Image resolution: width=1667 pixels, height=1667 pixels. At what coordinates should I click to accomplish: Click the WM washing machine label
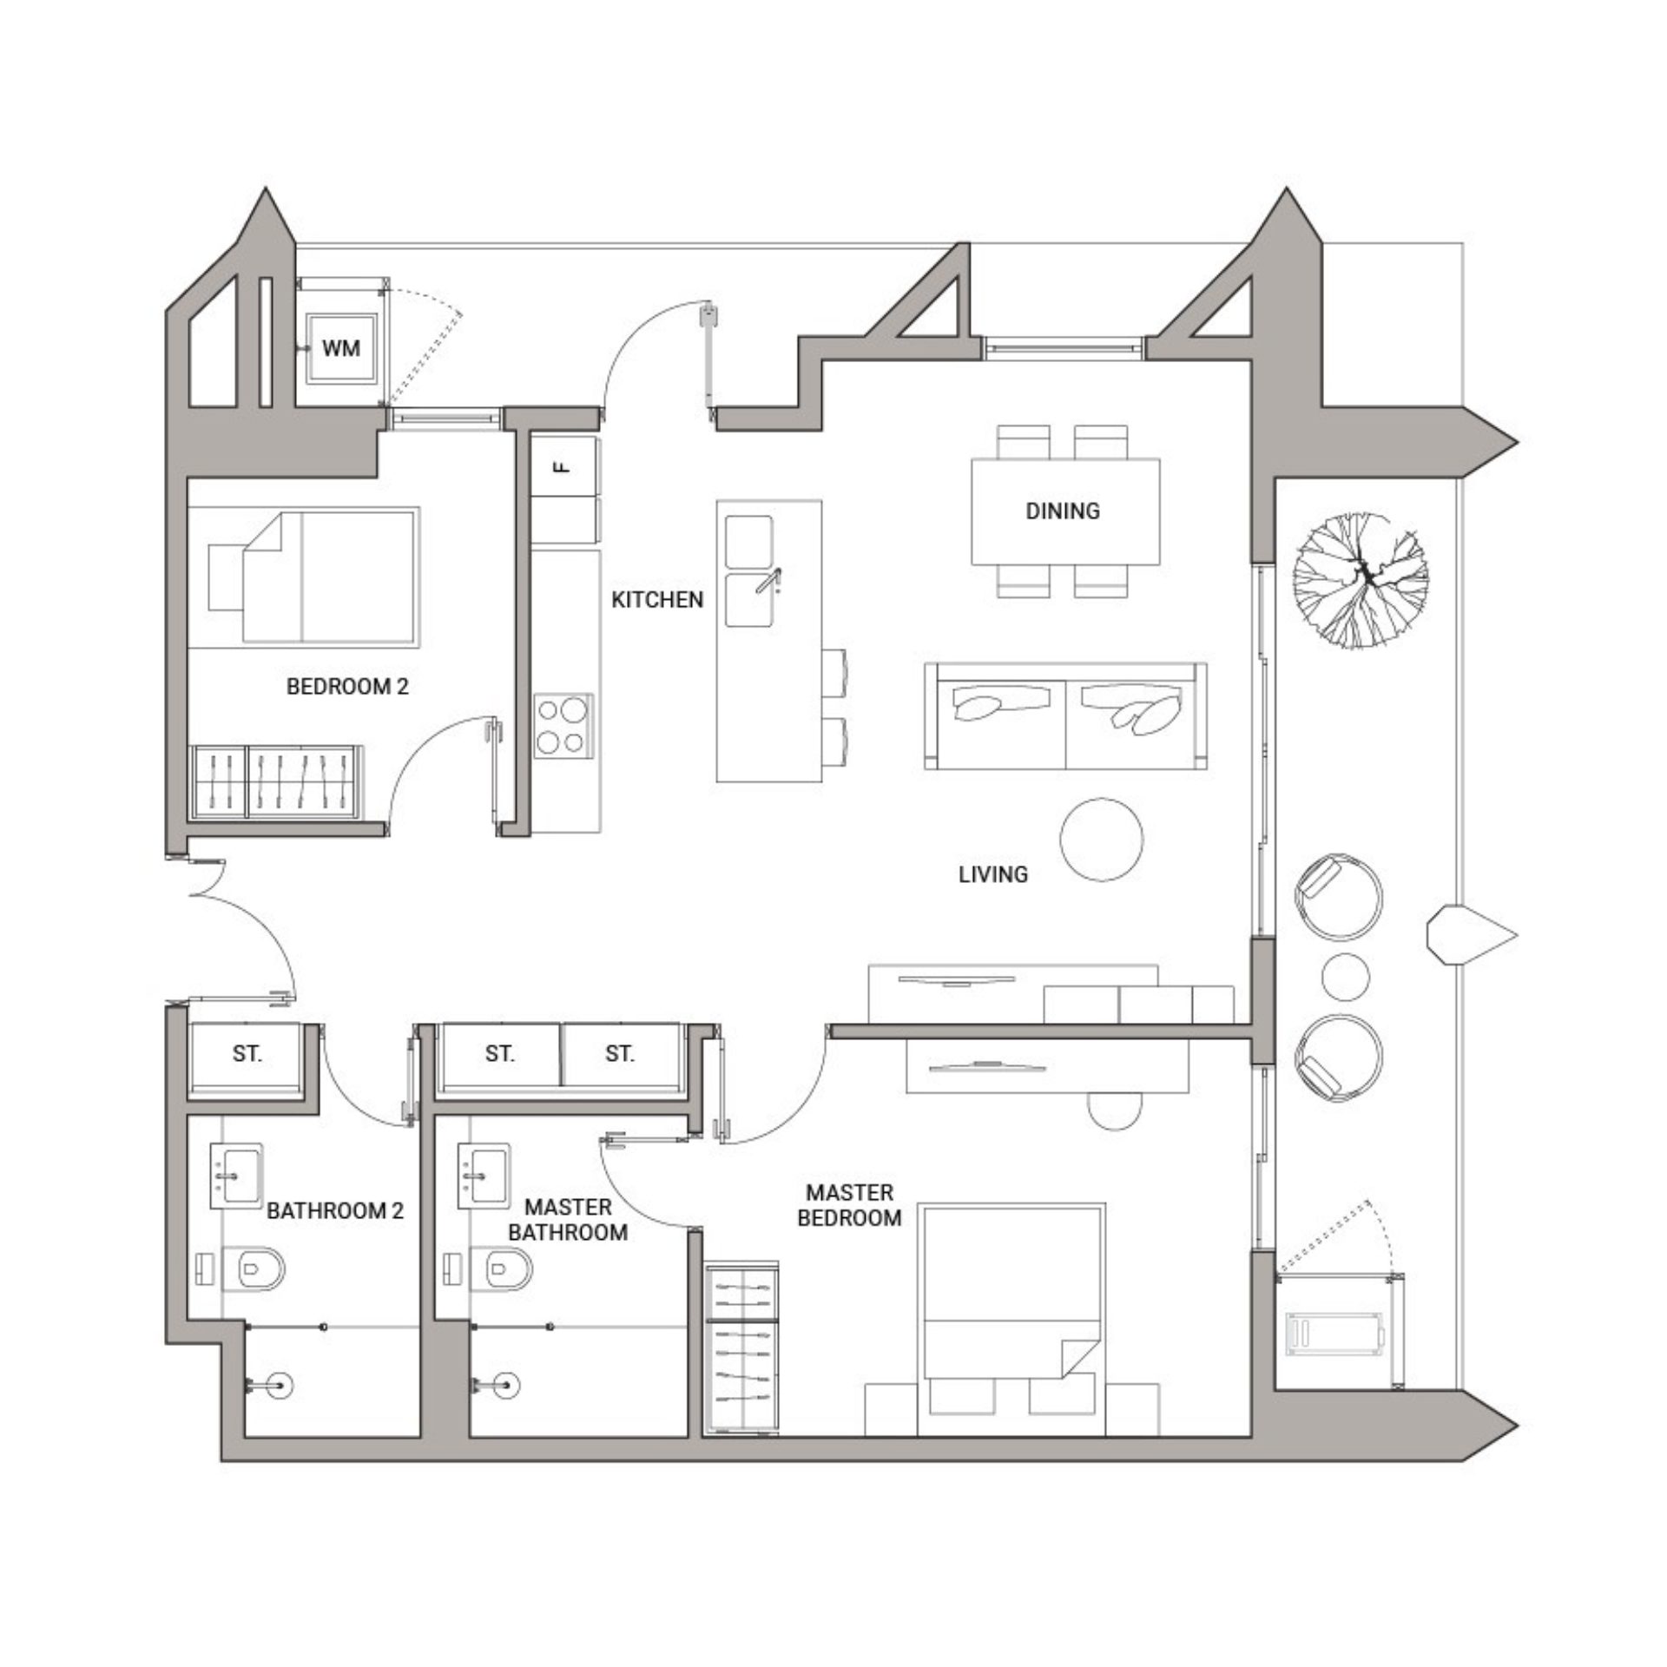pos(341,349)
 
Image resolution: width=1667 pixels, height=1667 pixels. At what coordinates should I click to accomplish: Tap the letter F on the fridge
pos(563,467)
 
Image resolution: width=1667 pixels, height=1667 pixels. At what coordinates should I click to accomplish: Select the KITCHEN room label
pos(657,600)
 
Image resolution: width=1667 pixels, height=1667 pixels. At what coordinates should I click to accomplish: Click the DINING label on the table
pos(1063,511)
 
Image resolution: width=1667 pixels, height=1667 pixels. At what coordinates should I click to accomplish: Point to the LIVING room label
pos(993,874)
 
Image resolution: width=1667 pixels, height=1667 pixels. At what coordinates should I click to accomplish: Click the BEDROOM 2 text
pos(347,687)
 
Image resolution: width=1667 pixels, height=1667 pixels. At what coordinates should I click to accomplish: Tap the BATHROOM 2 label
pos(335,1210)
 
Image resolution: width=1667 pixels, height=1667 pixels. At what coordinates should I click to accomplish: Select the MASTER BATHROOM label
pos(568,1219)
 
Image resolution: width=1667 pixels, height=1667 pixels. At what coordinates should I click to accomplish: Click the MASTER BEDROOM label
pos(849,1205)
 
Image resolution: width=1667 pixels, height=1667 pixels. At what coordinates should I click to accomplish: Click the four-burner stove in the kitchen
pos(563,726)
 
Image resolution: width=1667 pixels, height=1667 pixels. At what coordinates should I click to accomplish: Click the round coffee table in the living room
pos(1102,839)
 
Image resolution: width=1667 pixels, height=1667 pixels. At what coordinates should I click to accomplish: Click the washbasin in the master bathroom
pos(485,1176)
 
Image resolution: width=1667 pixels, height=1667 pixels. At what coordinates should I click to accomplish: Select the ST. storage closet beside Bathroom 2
pos(247,1054)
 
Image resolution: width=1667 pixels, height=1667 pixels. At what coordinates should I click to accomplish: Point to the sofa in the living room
pos(1065,716)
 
